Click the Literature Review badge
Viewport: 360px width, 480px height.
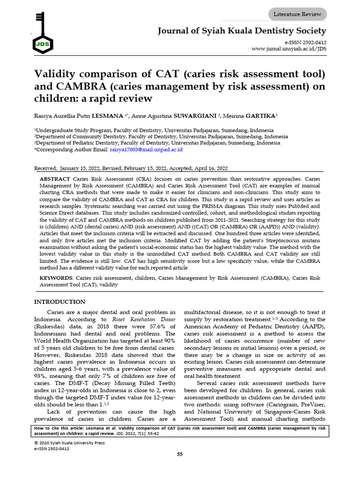298,15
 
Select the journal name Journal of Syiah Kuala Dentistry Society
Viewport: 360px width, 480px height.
242,31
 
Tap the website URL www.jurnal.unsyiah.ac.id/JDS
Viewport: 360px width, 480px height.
289,49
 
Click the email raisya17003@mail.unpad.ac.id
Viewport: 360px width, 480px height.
146,150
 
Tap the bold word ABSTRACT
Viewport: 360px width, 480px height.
55,179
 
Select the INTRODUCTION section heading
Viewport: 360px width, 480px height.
60,302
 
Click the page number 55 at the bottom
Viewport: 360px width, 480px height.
180,454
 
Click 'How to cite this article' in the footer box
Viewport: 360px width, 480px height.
63,428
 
